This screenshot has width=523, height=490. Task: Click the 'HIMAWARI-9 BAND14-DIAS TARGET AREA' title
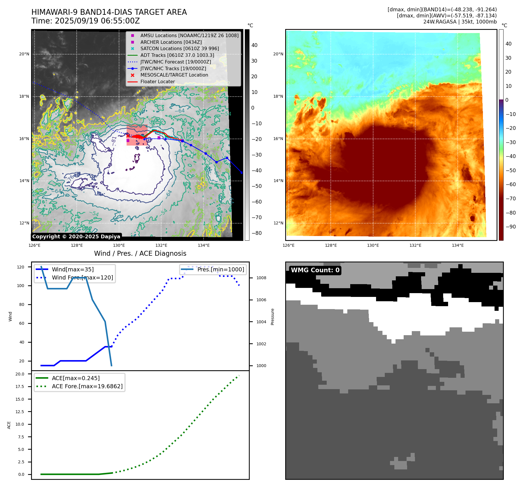(x=109, y=12)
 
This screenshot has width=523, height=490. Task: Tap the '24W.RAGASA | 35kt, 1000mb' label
(x=460, y=22)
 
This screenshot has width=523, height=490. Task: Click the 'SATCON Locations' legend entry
(x=179, y=49)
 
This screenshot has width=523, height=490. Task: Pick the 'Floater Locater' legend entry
(x=157, y=82)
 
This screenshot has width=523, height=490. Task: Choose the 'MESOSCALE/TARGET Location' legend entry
(x=174, y=75)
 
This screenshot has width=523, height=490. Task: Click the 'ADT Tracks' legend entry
(x=177, y=55)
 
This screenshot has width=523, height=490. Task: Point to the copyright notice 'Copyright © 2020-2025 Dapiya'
(x=76, y=237)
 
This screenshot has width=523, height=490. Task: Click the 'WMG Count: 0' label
(x=315, y=270)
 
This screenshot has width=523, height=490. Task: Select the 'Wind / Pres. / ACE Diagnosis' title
(x=140, y=253)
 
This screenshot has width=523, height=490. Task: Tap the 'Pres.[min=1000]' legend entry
(x=220, y=269)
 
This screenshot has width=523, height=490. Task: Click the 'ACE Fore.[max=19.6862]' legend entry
(x=87, y=386)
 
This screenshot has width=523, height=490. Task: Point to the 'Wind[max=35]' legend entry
(x=73, y=269)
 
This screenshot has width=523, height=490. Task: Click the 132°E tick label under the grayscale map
(x=161, y=246)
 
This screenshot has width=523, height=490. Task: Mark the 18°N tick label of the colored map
(x=278, y=97)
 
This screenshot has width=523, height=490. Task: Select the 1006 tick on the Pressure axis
(x=261, y=300)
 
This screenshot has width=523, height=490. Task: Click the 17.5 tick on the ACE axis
(x=20, y=386)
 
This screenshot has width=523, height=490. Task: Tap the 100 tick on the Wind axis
(x=21, y=286)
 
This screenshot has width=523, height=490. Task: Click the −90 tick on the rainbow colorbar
(x=511, y=227)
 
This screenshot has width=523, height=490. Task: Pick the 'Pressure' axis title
(x=272, y=317)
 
